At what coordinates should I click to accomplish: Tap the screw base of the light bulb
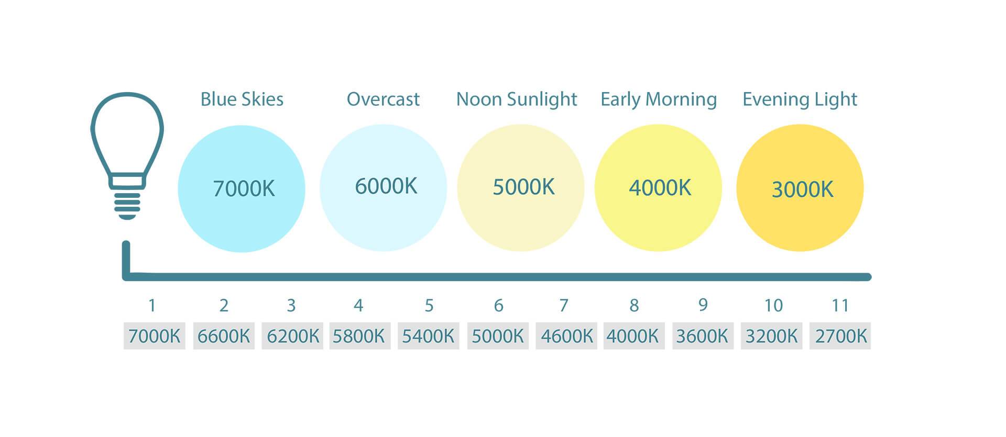[x=127, y=204]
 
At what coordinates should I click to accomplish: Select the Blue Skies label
[x=242, y=99]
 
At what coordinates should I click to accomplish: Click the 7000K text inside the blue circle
[x=244, y=188]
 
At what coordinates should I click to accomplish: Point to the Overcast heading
[x=383, y=99]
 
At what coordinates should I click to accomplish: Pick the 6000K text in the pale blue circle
[x=386, y=186]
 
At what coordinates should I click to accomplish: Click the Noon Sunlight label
[x=517, y=99]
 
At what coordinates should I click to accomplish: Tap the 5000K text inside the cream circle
[x=523, y=187]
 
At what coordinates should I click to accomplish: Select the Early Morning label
[x=659, y=99]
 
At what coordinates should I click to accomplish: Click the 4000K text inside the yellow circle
[x=660, y=187]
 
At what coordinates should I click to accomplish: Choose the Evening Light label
[x=800, y=99]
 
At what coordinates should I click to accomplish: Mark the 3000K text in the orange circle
[x=803, y=189]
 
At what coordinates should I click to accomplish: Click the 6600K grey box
[x=224, y=335]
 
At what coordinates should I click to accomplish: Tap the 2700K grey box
[x=840, y=335]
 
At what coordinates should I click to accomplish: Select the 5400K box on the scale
[x=428, y=335]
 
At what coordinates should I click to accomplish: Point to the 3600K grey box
[x=703, y=335]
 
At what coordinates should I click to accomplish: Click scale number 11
[x=840, y=305]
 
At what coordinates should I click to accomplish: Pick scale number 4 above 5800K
[x=358, y=305]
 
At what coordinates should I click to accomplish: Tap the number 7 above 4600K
[x=564, y=305]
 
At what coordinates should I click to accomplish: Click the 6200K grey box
[x=292, y=335]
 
